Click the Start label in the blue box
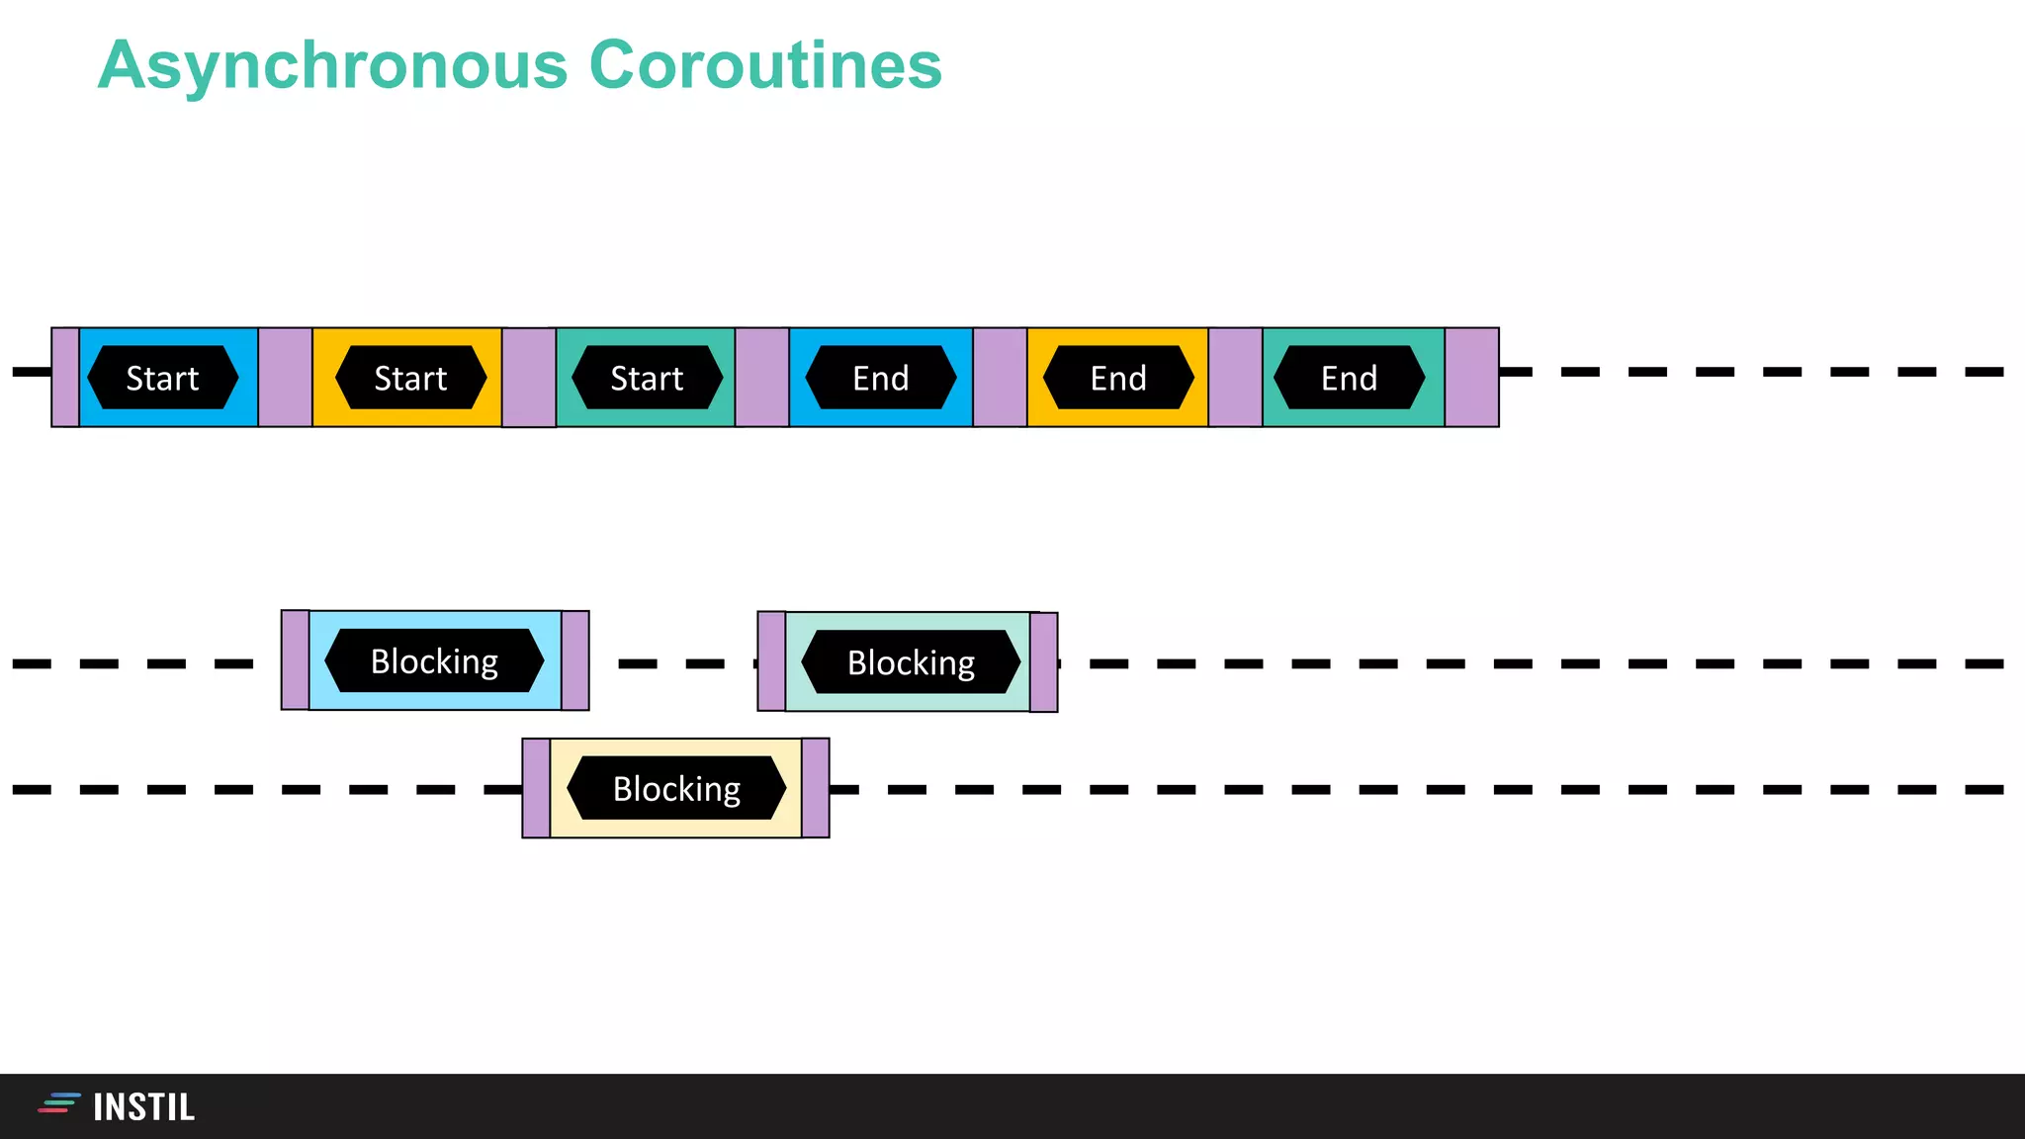162,378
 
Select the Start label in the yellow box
410,378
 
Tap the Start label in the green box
647,378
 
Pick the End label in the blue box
881,378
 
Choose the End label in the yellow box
1118,378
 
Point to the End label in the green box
1350,378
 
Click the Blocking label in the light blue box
434,660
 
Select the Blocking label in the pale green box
911,661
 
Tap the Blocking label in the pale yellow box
676,788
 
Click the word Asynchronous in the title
333,65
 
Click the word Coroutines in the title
765,65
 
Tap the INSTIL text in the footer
144,1107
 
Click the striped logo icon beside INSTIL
59,1103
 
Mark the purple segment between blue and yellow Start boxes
285,378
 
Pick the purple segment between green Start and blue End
761,378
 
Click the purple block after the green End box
1471,378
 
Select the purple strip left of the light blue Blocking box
296,659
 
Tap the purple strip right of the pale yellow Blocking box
816,788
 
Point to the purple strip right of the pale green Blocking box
1044,661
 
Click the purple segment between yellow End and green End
1235,378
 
